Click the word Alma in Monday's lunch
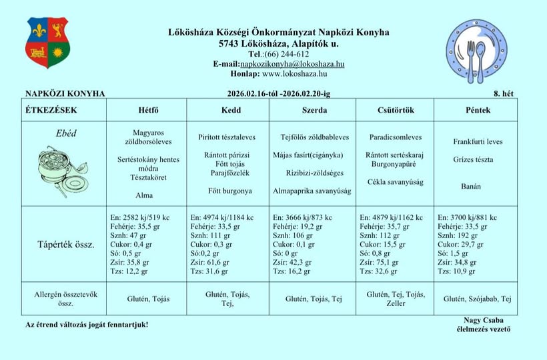pos(144,195)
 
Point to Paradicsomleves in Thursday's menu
pos(396,137)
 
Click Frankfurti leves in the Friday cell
pos(478,142)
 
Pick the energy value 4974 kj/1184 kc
pos(222,217)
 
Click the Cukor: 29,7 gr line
pos(461,245)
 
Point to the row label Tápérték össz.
pos(65,245)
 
